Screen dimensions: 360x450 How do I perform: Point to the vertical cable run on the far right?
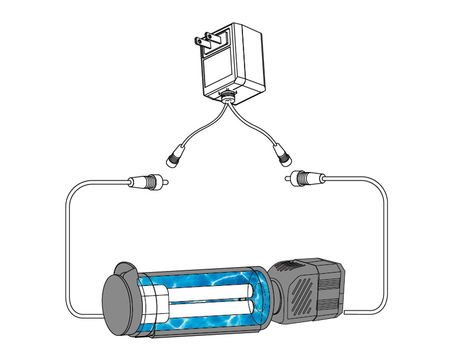[387, 247]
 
